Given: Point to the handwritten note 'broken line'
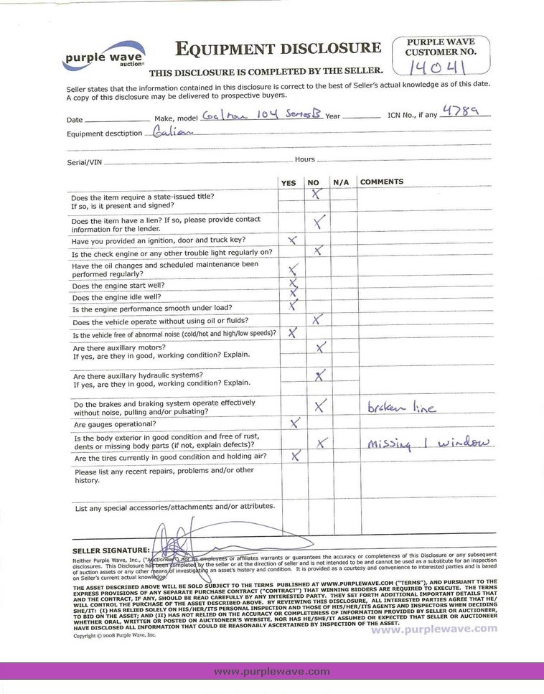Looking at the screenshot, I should [x=401, y=407].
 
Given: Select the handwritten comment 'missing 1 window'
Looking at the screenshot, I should [x=431, y=444].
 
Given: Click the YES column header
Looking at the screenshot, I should [x=288, y=183].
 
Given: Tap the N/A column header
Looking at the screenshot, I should [x=340, y=183].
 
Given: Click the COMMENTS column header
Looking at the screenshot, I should [x=382, y=182].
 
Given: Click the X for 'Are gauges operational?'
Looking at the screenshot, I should [x=294, y=423].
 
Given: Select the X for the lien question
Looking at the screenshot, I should [x=320, y=220].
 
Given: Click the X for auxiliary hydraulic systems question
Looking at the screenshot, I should [x=320, y=375].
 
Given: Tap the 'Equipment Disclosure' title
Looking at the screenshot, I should [x=278, y=49].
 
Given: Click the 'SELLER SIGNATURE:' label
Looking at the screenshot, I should [x=111, y=550].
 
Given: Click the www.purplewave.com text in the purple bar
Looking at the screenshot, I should [x=272, y=672].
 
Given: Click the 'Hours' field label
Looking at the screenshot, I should [x=304, y=159].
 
